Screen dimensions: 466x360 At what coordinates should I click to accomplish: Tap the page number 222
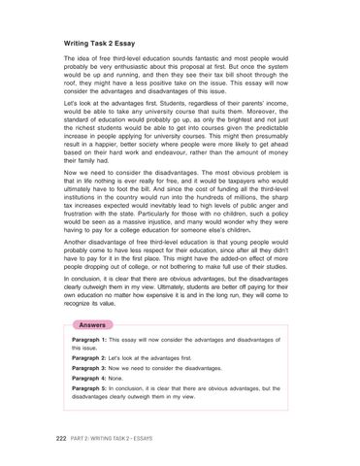point(60,438)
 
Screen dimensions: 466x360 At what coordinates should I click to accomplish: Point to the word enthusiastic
point(143,69)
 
